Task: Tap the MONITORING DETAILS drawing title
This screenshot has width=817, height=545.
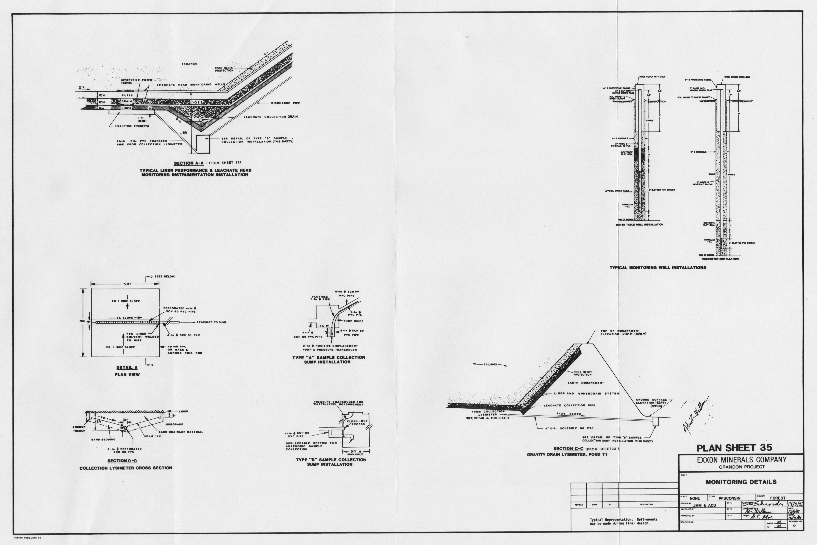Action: pyautogui.click(x=741, y=482)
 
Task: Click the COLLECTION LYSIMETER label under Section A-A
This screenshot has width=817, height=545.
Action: pyautogui.click(x=127, y=126)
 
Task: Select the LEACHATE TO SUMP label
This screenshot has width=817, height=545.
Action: pyautogui.click(x=212, y=322)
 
